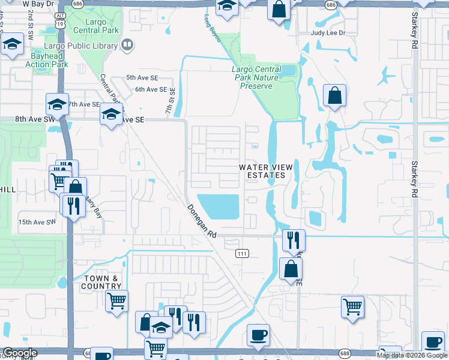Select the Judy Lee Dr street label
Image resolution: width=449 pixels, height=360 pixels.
[x=328, y=33]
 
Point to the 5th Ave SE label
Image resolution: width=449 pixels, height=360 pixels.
[x=141, y=78]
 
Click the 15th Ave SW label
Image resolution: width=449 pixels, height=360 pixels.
[x=37, y=222]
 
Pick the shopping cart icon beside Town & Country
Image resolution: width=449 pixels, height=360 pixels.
[x=116, y=300]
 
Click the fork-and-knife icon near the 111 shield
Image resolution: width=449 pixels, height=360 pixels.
[x=294, y=239]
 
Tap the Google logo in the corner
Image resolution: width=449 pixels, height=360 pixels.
[x=20, y=353]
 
